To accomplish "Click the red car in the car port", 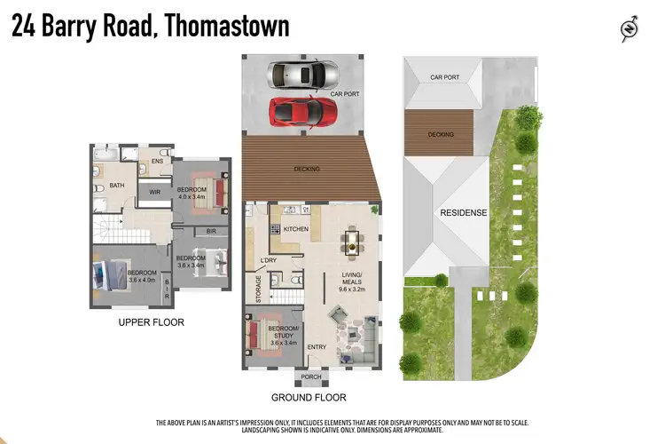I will (303, 111).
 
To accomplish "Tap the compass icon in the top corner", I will (630, 29).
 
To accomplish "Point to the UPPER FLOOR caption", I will (151, 322).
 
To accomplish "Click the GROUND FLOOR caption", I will (309, 398).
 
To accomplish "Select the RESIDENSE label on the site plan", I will (465, 214).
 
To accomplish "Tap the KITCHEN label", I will (295, 229).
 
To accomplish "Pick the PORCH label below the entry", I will (311, 377).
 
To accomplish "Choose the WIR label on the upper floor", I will (154, 192).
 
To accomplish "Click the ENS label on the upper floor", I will (157, 161).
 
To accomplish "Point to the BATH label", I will (117, 186).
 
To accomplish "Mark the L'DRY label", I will (270, 259).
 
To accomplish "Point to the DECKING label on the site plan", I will (440, 135).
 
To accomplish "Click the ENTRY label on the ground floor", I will (317, 347).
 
